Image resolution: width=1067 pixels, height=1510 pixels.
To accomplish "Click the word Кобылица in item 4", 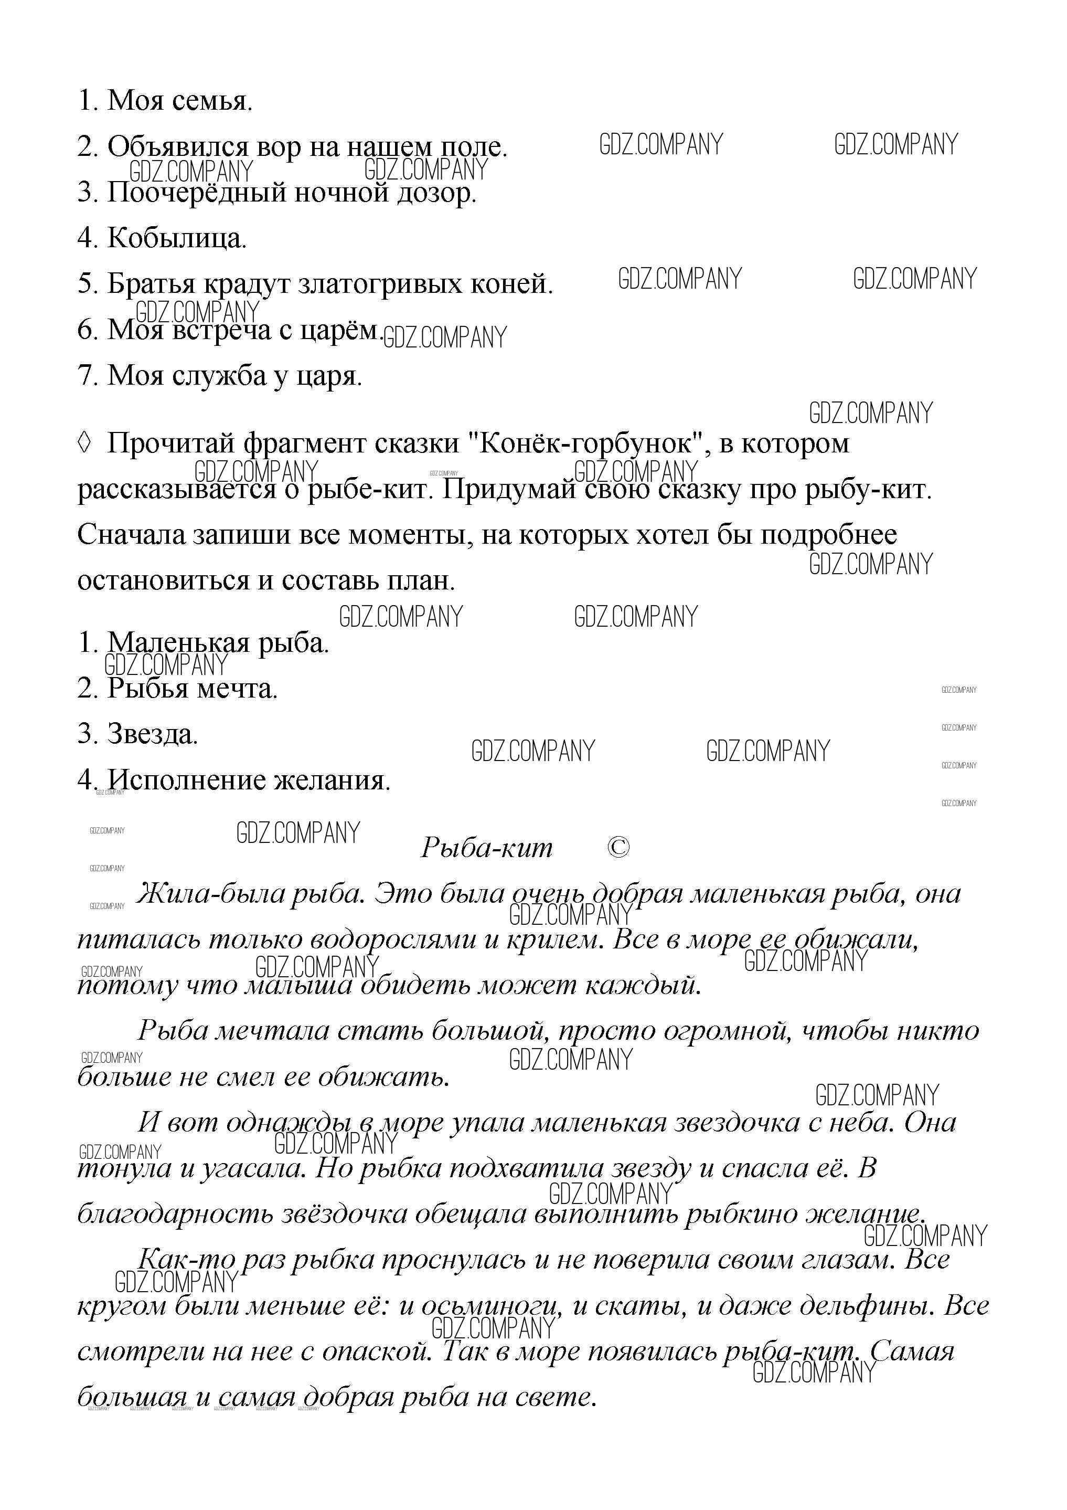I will (x=176, y=238).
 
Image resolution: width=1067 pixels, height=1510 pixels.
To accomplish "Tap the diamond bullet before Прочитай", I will (x=84, y=444).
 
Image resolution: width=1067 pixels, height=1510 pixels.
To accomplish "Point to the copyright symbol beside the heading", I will (x=618, y=848).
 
